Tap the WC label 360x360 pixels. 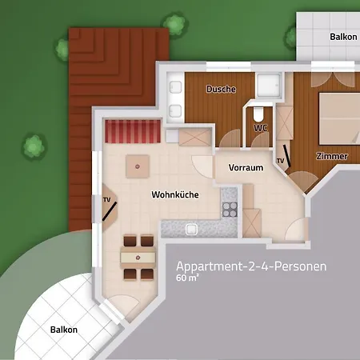260,126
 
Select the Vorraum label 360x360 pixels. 246,167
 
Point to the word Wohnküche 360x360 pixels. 175,194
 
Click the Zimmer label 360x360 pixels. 332,156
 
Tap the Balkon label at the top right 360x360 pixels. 343,37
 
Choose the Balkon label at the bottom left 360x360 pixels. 64,329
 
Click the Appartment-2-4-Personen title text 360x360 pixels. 251,266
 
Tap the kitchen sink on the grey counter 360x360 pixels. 192,229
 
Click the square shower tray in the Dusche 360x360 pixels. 269,85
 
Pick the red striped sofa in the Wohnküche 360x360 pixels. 130,129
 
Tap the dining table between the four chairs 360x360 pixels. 137,258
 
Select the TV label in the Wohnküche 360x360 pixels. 106,198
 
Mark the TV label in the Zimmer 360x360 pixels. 280,161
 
